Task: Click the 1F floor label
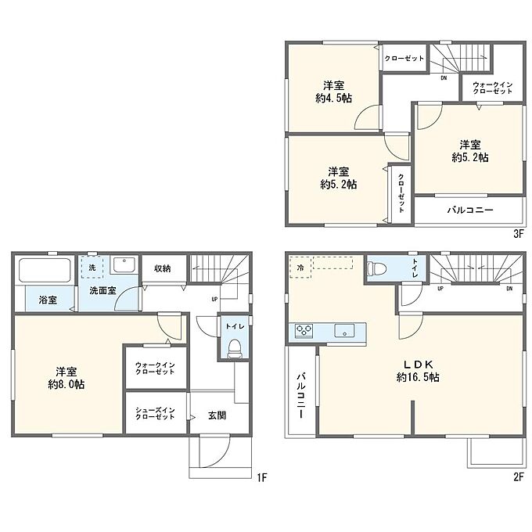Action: click(262, 477)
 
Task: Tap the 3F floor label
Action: click(518, 234)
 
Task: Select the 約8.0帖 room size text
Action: click(66, 385)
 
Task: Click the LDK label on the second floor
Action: click(418, 365)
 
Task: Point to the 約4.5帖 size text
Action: click(333, 99)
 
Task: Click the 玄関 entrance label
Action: click(217, 415)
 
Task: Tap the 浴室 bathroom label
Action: click(48, 300)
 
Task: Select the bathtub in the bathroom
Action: click(45, 271)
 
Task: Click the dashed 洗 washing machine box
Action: click(92, 268)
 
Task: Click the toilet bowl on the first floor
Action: click(234, 349)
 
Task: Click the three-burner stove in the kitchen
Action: click(304, 331)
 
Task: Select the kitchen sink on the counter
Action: click(344, 330)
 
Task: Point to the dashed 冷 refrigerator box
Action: click(300, 268)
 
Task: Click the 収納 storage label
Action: click(163, 268)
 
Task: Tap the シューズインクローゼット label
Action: click(155, 413)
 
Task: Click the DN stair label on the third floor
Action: click(444, 78)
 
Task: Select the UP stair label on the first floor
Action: click(214, 299)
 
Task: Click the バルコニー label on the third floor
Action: click(470, 210)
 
